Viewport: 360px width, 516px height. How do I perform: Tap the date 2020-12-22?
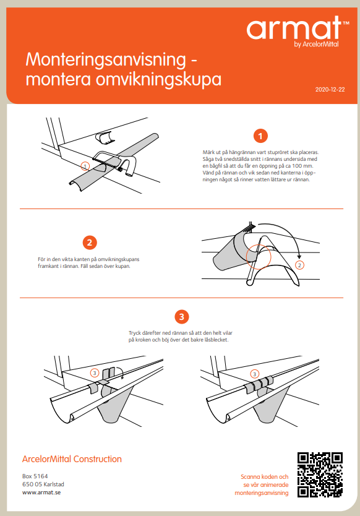click(x=330, y=90)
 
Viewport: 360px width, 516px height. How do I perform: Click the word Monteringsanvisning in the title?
click(x=106, y=59)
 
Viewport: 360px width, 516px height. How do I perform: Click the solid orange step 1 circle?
click(x=260, y=135)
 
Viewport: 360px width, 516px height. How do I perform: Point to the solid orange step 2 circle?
click(x=90, y=243)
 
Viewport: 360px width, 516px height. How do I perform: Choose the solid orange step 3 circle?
click(x=182, y=317)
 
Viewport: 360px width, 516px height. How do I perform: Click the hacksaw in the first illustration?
click(x=114, y=161)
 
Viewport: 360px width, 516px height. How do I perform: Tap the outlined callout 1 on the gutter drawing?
click(x=85, y=166)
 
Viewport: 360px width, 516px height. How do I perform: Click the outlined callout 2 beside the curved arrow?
click(x=299, y=265)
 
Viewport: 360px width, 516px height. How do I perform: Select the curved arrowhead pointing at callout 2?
click(x=299, y=257)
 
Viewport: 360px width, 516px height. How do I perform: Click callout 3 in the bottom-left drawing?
click(x=95, y=373)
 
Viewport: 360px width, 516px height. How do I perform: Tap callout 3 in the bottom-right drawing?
click(x=254, y=374)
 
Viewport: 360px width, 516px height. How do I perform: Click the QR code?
click(x=320, y=474)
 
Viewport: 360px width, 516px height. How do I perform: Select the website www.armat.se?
click(x=41, y=492)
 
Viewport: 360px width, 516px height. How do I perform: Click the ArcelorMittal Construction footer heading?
click(x=72, y=459)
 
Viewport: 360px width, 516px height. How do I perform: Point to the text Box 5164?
click(x=35, y=476)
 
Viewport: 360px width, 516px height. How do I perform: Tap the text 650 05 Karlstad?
click(x=43, y=484)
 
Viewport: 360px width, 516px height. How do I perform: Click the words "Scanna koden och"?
click(x=265, y=477)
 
